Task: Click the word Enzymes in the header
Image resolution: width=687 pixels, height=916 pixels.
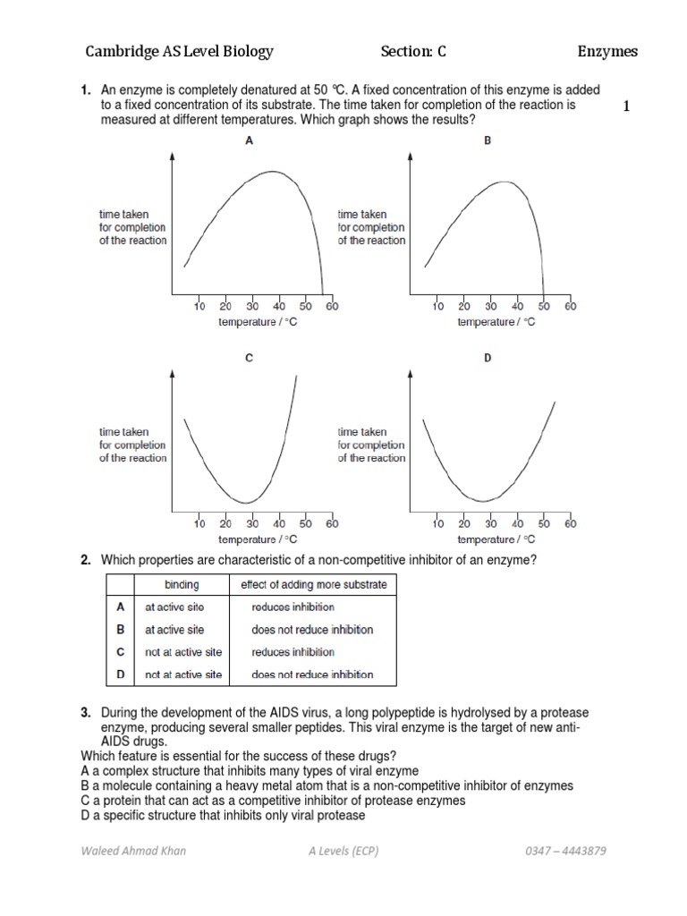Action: [607, 52]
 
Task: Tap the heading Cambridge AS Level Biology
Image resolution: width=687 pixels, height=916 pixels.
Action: [179, 52]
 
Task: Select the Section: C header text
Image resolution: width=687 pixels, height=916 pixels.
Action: [413, 52]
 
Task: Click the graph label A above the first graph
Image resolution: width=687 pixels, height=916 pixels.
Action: [249, 140]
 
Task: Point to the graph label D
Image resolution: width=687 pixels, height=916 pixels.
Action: [488, 358]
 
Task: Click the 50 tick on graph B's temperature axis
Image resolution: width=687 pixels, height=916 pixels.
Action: [544, 306]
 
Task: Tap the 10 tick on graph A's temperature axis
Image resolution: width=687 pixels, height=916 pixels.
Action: [199, 306]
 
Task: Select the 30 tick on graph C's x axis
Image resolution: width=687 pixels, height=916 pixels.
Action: [252, 523]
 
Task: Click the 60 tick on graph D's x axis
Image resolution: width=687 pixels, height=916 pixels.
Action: [571, 523]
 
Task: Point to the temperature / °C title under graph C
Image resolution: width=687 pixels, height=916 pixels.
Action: [258, 539]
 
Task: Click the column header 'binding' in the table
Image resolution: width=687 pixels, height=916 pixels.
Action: [182, 585]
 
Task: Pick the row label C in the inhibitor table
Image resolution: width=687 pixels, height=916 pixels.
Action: [121, 652]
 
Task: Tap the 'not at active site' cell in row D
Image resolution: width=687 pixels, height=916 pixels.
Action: [183, 674]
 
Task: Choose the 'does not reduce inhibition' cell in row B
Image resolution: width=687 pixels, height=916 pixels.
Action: [312, 630]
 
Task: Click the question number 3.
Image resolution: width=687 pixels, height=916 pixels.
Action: [86, 712]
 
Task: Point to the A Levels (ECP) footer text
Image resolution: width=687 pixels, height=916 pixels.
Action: [343, 851]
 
